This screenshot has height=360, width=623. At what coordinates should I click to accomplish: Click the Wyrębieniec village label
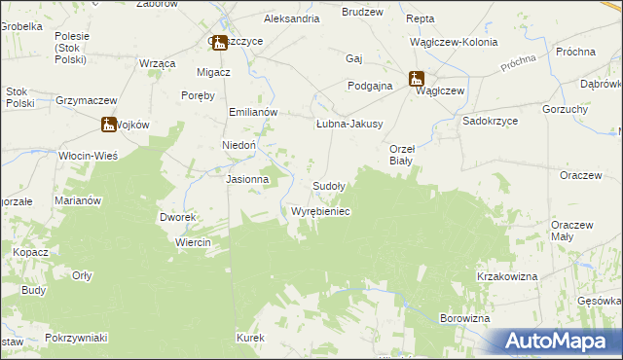(320, 211)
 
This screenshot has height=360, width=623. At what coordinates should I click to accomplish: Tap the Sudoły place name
(328, 186)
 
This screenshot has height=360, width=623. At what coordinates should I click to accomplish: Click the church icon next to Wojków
(108, 124)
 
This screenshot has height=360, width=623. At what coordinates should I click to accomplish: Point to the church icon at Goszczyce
(218, 42)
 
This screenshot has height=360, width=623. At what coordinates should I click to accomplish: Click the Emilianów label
(254, 112)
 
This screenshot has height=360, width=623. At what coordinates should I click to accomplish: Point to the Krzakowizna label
(507, 277)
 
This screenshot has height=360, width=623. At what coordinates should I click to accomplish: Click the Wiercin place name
(194, 242)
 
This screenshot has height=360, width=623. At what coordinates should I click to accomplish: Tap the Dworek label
(179, 218)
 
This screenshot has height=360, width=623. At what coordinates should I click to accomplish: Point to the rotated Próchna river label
(519, 63)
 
